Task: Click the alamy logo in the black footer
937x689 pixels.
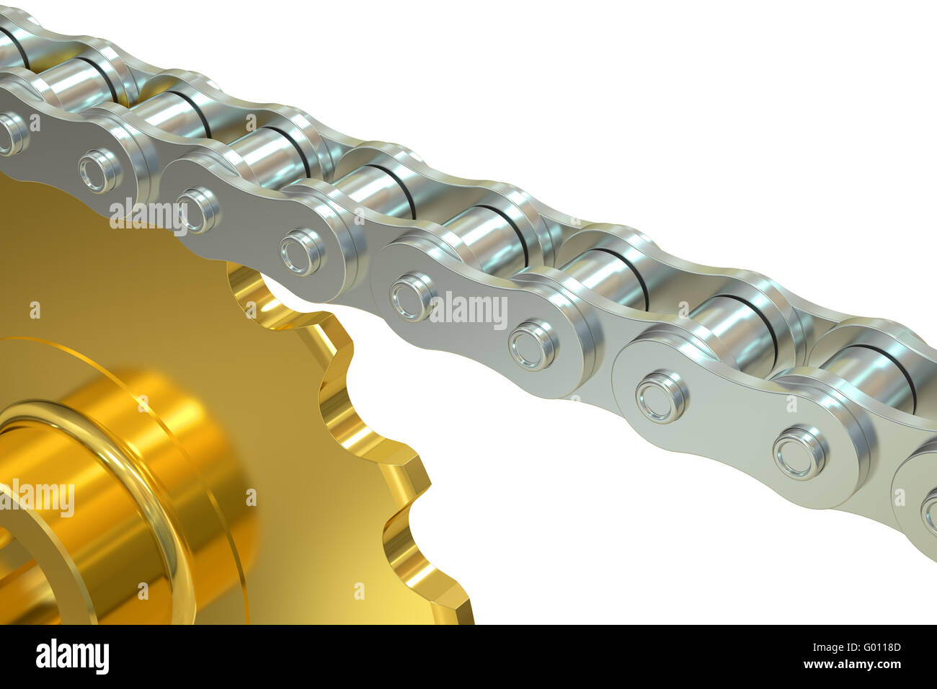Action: tap(72, 657)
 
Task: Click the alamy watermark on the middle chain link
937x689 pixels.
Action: tap(468, 310)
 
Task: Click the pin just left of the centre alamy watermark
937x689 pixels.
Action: tap(412, 296)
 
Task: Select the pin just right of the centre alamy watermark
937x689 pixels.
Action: tap(533, 345)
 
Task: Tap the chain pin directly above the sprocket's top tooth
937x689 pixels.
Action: tap(302, 252)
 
